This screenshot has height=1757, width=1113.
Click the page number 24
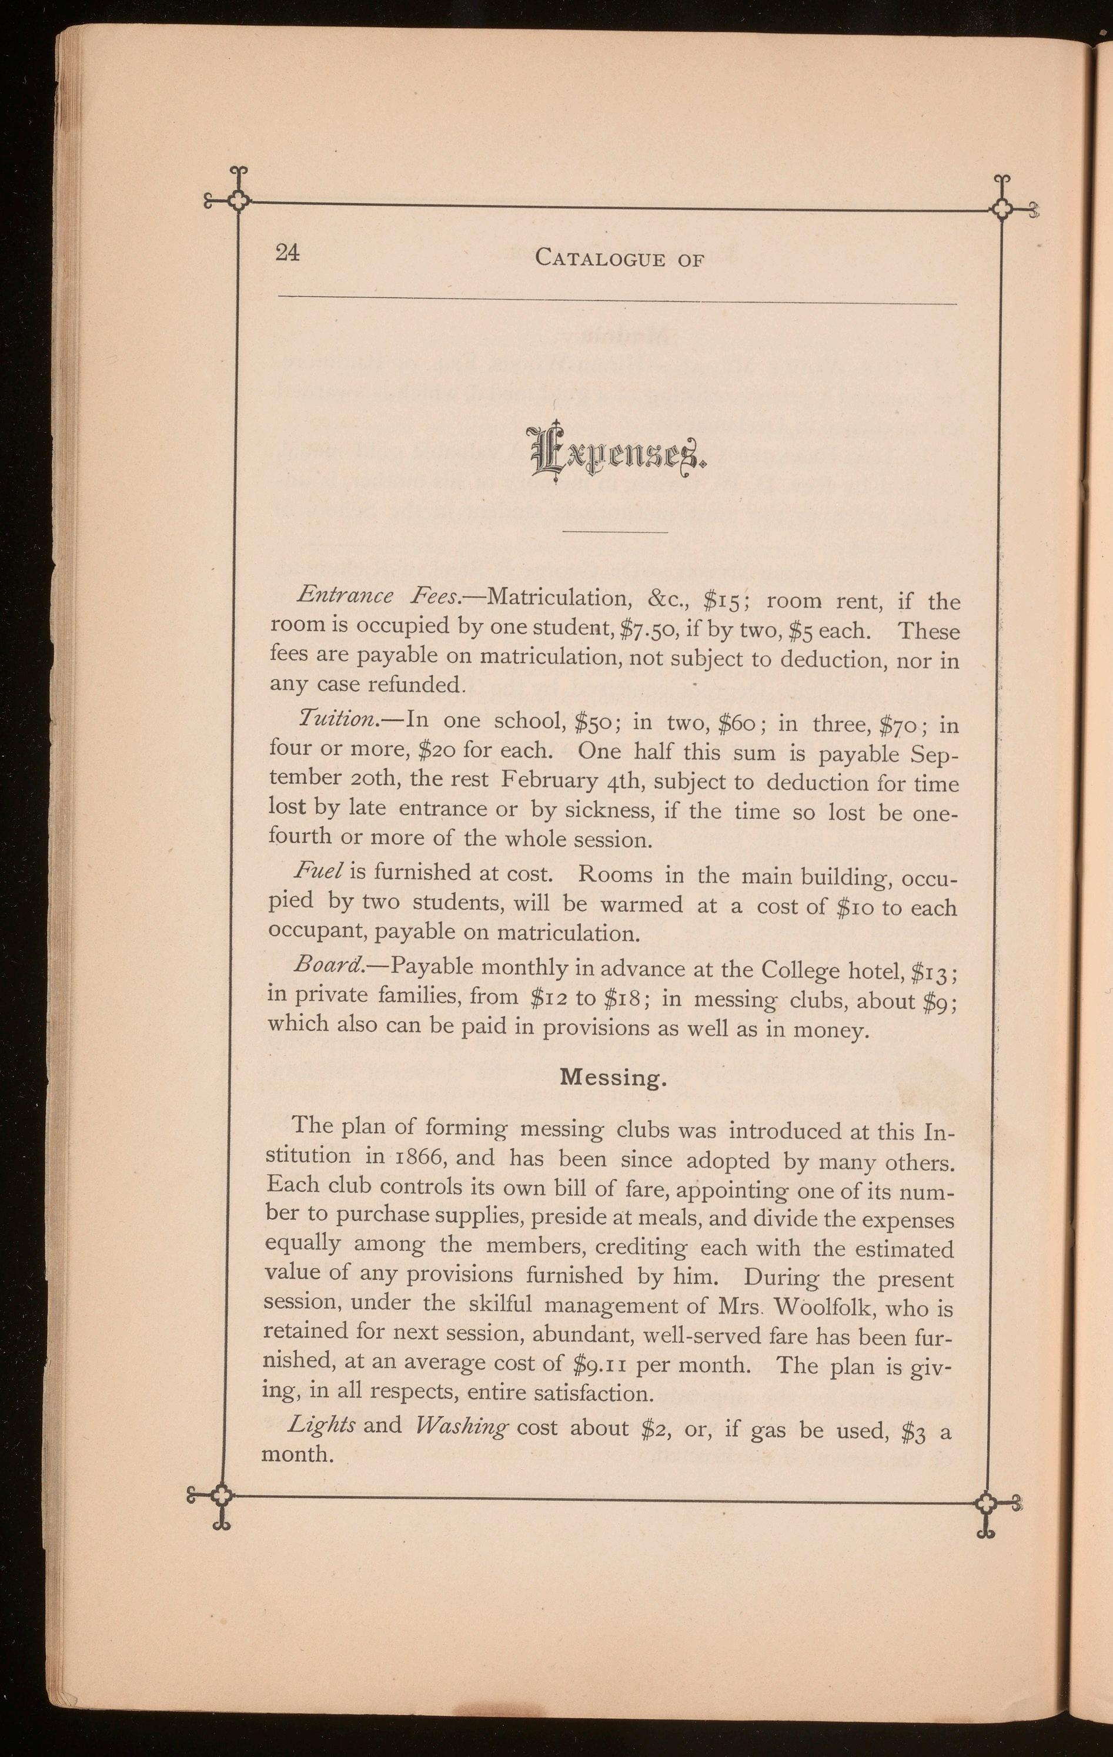pos(287,253)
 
